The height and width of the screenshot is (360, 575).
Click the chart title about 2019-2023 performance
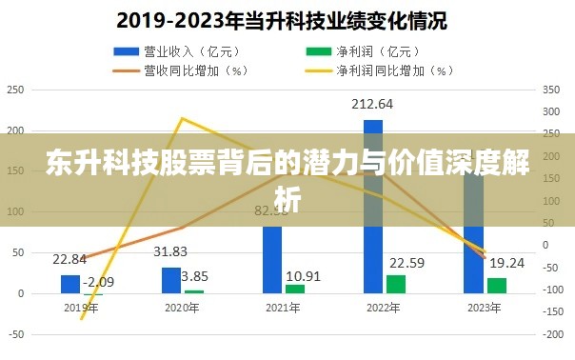pyautogui.click(x=287, y=19)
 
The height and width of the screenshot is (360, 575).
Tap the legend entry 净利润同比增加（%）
pyautogui.click(x=375, y=69)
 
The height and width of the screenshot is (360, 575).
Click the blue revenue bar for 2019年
pyautogui.click(x=69, y=284)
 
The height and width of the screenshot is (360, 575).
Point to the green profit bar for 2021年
pyautogui.click(x=295, y=289)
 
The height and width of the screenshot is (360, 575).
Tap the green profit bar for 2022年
pyautogui.click(x=396, y=284)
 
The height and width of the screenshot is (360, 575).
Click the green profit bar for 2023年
pyautogui.click(x=497, y=285)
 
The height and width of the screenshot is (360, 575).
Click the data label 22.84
pyautogui.click(x=69, y=259)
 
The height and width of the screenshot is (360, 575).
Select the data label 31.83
pyautogui.click(x=170, y=251)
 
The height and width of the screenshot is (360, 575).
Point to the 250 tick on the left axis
pyautogui.click(x=14, y=90)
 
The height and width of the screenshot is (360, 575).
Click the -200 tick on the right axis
pyautogui.click(x=554, y=335)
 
